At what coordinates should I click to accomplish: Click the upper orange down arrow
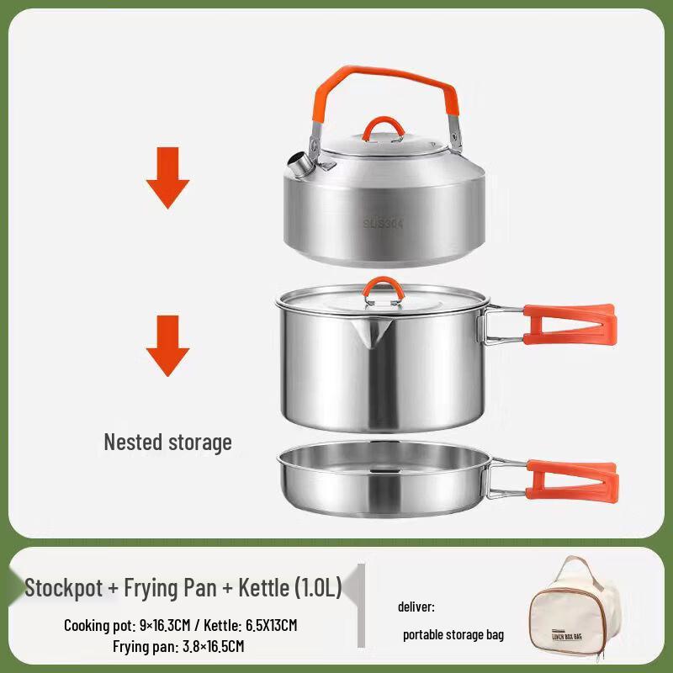pos(167,178)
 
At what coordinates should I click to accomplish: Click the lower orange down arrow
pos(167,345)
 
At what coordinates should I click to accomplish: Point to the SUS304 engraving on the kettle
pos(384,223)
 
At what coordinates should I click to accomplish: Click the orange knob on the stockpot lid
pos(383,288)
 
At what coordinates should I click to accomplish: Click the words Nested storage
pos(167,442)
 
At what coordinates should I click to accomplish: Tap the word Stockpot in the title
pos(62,588)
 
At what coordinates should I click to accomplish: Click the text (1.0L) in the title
pos(318,588)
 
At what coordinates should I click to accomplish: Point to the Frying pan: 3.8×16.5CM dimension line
pos(178,646)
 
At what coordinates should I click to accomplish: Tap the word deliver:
pos(416,607)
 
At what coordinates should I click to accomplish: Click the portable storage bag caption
pos(453,635)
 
